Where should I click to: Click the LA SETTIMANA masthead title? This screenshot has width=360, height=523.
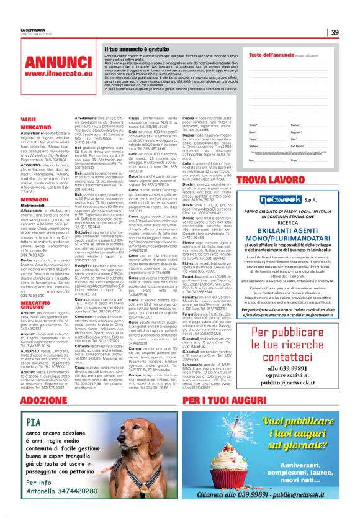33,29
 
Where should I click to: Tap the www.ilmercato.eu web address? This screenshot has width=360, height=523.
59,74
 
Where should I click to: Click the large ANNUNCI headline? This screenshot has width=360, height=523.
59,62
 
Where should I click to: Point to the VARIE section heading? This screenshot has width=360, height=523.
28,118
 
